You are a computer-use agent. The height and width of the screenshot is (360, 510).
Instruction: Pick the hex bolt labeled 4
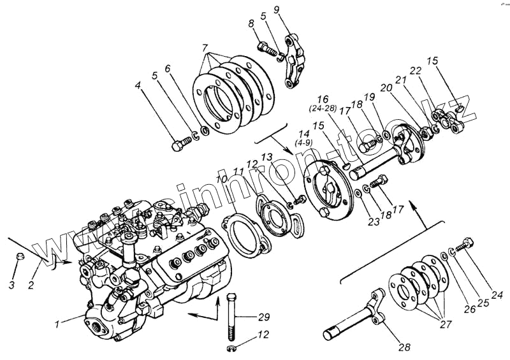179,145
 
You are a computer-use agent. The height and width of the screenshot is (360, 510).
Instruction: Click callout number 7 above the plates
204,48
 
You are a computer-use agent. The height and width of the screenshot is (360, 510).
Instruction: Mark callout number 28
405,348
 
